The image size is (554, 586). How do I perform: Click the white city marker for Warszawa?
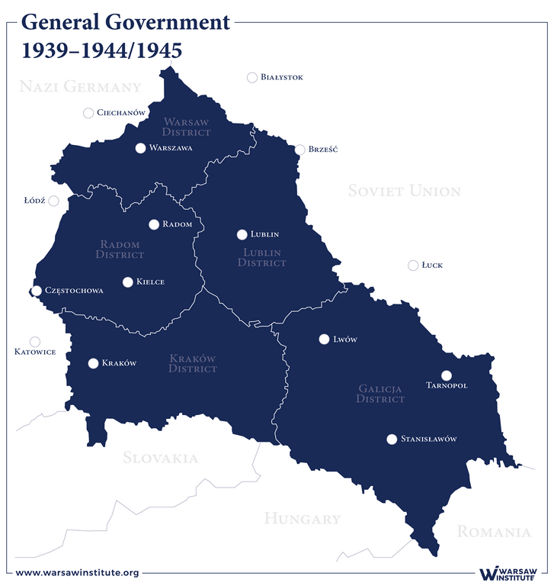click(x=140, y=148)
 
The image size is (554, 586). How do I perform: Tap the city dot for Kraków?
click(x=94, y=363)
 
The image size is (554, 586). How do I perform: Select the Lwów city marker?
click(x=323, y=339)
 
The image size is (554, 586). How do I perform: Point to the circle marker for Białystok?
click(x=252, y=77)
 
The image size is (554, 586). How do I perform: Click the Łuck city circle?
click(x=413, y=266)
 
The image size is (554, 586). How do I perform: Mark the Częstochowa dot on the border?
click(x=36, y=291)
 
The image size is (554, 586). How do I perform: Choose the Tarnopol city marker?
click(x=447, y=375)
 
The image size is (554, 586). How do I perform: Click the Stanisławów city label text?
click(x=428, y=439)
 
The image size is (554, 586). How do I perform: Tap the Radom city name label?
click(x=177, y=224)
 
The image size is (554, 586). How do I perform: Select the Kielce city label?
click(x=150, y=282)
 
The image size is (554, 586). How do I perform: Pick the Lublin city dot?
click(x=242, y=234)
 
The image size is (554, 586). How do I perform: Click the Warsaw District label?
click(x=187, y=127)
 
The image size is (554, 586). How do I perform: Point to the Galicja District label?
click(x=381, y=394)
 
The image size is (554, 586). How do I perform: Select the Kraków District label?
click(x=193, y=363)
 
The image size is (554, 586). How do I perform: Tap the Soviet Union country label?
click(x=404, y=191)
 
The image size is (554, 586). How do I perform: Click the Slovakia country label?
click(x=160, y=458)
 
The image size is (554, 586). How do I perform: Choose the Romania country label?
click(x=493, y=532)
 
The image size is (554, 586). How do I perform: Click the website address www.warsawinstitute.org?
click(x=77, y=572)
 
